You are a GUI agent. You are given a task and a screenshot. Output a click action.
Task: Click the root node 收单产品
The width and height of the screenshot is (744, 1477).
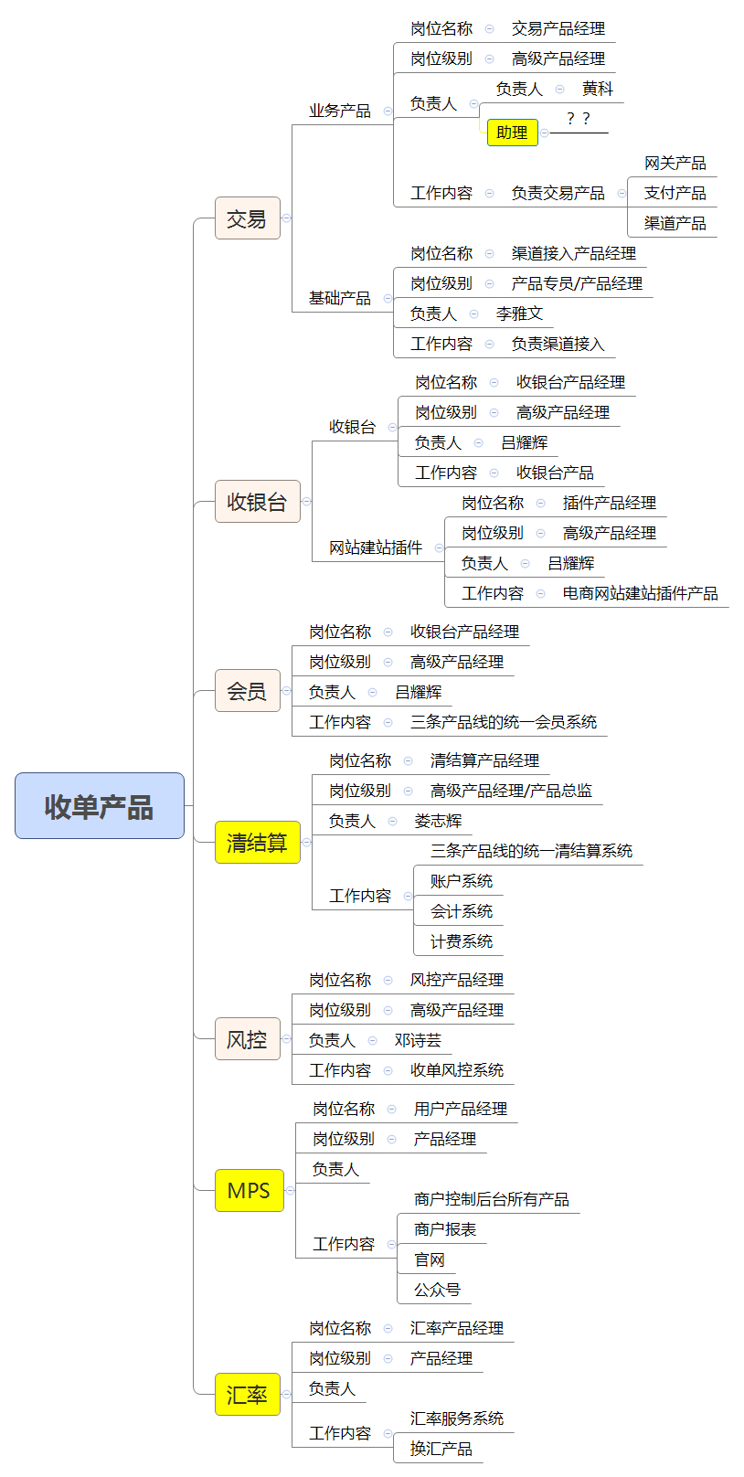pyautogui.click(x=100, y=805)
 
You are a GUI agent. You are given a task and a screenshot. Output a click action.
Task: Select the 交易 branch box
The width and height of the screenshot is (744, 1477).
pyautogui.click(x=248, y=218)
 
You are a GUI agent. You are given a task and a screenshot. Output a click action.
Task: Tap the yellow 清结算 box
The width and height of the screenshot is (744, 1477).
pyautogui.click(x=257, y=842)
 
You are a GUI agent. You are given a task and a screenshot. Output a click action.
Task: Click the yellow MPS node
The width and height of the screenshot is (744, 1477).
pyautogui.click(x=250, y=1190)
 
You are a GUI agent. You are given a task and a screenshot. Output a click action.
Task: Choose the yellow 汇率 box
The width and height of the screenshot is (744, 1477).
pyautogui.click(x=248, y=1394)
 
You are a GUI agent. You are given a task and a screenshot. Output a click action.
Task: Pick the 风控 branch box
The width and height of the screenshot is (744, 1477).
pyautogui.click(x=248, y=1038)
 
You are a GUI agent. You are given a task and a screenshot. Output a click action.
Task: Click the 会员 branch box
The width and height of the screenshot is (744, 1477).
pyautogui.click(x=248, y=690)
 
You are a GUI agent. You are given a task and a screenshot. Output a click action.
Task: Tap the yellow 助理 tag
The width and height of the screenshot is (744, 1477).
pyautogui.click(x=513, y=133)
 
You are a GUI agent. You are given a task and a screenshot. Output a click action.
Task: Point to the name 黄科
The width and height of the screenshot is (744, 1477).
pyautogui.click(x=598, y=89)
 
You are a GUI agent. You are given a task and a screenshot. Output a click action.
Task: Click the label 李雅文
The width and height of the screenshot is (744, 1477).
pyautogui.click(x=520, y=313)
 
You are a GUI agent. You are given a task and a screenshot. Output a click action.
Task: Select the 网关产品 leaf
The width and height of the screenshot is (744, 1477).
pyautogui.click(x=675, y=163)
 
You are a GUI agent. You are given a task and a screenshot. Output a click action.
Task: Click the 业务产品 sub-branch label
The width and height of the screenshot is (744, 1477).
pyautogui.click(x=340, y=110)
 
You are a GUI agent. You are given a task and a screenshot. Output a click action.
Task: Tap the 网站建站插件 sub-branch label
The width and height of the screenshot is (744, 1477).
pyautogui.click(x=376, y=547)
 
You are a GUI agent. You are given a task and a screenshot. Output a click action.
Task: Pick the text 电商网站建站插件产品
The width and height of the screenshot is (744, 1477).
pyautogui.click(x=641, y=593)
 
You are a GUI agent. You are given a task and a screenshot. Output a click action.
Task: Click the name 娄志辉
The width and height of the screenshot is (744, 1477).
pyautogui.click(x=438, y=821)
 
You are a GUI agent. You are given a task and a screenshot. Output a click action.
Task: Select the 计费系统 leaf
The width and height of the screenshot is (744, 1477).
pyautogui.click(x=462, y=941)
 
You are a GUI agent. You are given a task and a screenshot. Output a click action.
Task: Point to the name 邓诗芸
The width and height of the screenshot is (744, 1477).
pyautogui.click(x=418, y=1040)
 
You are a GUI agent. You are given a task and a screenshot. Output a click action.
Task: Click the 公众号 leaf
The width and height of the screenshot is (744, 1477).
pyautogui.click(x=437, y=1289)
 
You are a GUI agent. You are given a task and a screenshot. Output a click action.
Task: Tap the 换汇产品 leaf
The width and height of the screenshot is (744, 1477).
pyautogui.click(x=441, y=1449)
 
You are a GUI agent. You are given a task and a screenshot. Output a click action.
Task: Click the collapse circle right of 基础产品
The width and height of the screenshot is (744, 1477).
pyautogui.click(x=388, y=298)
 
